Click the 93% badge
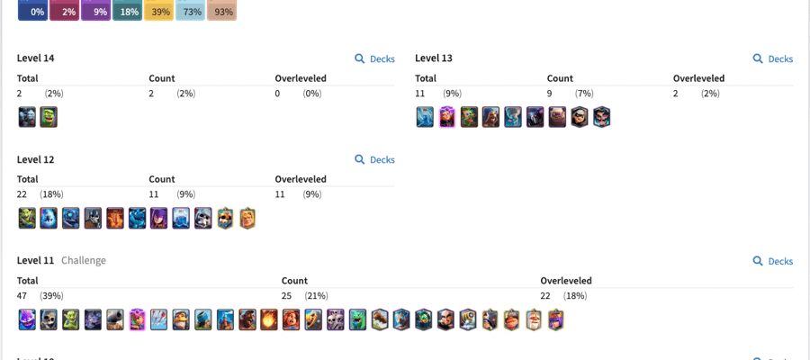point(221,10)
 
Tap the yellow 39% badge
point(158,10)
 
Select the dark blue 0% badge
point(32,10)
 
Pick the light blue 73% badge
point(191,10)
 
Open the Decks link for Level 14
point(375,58)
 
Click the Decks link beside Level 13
point(773,58)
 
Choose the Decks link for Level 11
point(773,261)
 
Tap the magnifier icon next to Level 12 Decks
point(360,159)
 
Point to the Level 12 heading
point(36,159)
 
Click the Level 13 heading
point(434,58)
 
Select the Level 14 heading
point(36,58)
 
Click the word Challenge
point(84,260)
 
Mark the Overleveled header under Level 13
point(699,78)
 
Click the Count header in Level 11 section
point(294,281)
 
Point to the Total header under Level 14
point(27,78)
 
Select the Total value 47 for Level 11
point(22,296)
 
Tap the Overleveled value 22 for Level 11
point(545,296)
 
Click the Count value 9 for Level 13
point(550,94)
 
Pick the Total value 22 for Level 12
point(22,194)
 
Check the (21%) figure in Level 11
point(316,296)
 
